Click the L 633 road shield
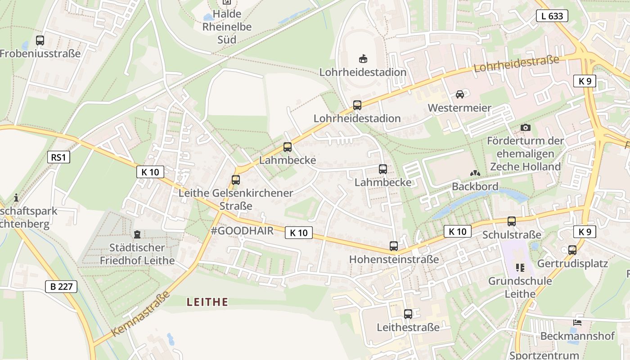[x=552, y=16]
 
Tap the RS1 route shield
[x=58, y=157]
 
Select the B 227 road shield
[x=61, y=287]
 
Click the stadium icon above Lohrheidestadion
[x=363, y=58]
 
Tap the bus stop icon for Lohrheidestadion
[x=357, y=105]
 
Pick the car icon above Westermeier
[x=459, y=94]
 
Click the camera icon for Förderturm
[x=525, y=128]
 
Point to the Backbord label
[x=475, y=186]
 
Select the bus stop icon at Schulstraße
[x=511, y=221]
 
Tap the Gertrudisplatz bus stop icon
[x=572, y=250]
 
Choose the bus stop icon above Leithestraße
[x=408, y=314]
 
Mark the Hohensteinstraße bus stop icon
[x=394, y=246]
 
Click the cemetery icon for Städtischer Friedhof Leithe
[x=137, y=234]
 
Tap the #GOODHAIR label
[x=242, y=231]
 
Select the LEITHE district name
[x=207, y=302]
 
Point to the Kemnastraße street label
[x=140, y=314]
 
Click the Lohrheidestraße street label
[x=516, y=63]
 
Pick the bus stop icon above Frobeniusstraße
[x=40, y=40]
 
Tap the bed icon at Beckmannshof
[x=577, y=323]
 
